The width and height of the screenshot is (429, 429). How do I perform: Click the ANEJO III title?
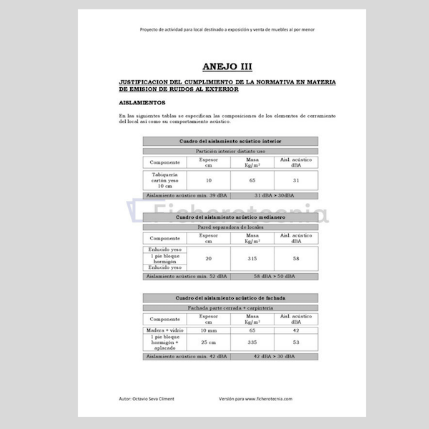[227, 66]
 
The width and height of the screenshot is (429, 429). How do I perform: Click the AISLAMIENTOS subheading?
[147, 102]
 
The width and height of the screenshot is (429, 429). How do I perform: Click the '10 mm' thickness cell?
[208, 330]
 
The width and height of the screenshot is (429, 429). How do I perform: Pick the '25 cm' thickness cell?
[208, 342]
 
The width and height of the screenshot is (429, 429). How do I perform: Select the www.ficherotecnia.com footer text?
[268, 398]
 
